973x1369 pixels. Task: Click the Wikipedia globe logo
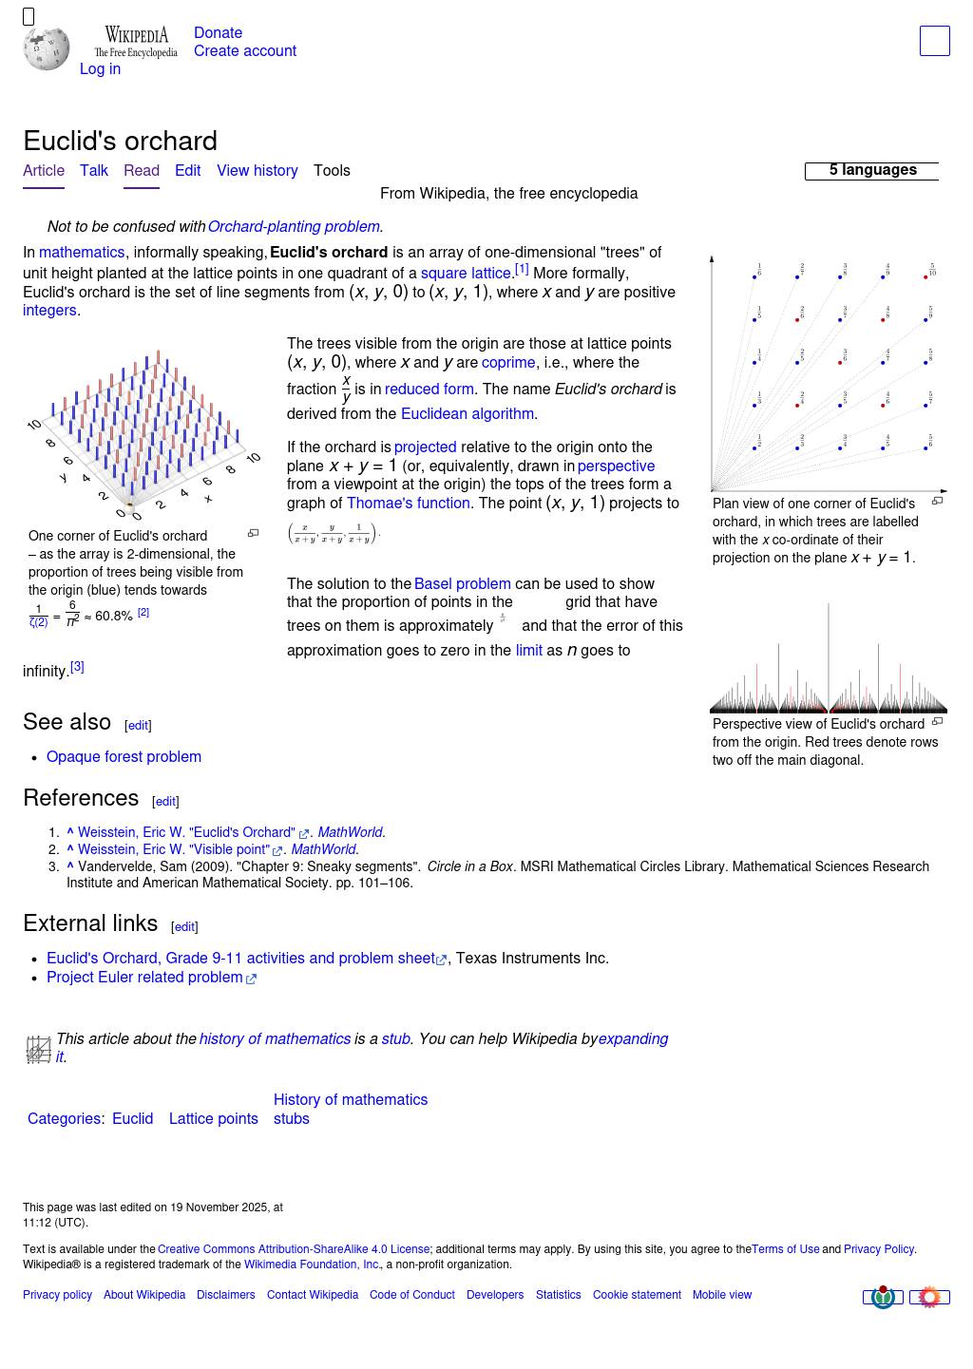pos(47,48)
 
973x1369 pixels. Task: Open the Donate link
pos(218,33)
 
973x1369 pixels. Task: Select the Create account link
pos(244,51)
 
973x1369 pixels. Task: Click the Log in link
pos(100,69)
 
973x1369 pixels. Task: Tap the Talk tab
pos(94,171)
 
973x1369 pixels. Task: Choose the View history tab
pos(257,171)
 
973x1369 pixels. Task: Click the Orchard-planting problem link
pos(294,227)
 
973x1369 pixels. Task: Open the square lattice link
pos(466,274)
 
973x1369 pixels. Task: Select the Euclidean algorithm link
pos(467,414)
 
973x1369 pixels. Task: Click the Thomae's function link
pos(408,504)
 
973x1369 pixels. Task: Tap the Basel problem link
pos(462,584)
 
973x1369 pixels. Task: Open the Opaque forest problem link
pos(124,757)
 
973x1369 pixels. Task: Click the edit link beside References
pos(165,802)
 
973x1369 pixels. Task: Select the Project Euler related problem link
pos(144,978)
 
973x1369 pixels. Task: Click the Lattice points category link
pos(213,1119)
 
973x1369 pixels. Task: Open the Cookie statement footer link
pos(637,1295)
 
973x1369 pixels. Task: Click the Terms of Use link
pos(785,1249)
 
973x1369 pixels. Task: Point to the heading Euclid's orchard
pos(120,142)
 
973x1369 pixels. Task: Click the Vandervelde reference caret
pos(70,866)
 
